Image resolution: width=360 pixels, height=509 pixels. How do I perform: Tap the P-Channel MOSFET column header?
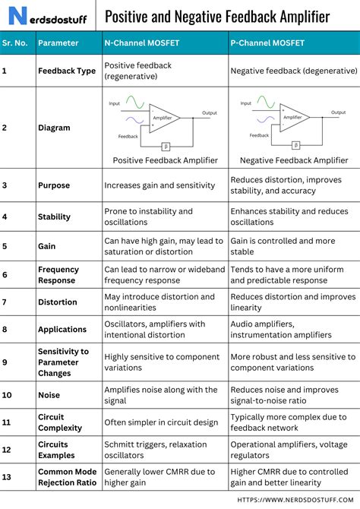(267, 43)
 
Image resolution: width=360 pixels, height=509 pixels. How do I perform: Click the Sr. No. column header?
(15, 43)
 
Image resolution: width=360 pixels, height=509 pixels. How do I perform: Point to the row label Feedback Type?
(67, 71)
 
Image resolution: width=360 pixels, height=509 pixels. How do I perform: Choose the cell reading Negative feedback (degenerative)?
(293, 71)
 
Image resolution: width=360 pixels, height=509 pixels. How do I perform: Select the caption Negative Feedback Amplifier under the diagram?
(293, 160)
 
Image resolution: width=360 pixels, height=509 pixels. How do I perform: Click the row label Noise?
(49, 394)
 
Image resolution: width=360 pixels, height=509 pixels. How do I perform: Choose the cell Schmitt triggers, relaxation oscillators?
(156, 450)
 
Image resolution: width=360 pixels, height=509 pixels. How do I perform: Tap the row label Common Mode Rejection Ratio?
(67, 477)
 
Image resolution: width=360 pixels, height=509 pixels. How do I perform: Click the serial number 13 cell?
(7, 477)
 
